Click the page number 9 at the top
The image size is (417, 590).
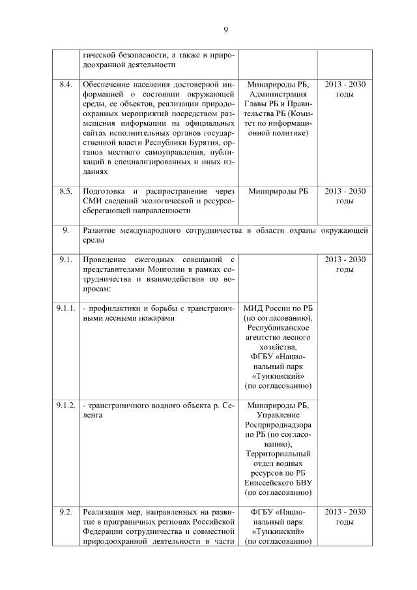(x=225, y=30)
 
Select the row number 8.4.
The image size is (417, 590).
(x=65, y=85)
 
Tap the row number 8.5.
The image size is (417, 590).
(x=65, y=191)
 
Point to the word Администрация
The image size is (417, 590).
(x=278, y=95)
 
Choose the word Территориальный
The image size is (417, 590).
(x=278, y=454)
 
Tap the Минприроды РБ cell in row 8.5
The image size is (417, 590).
(x=278, y=191)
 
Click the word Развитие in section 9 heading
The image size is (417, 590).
(x=102, y=230)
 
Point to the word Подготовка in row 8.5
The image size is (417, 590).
(x=104, y=191)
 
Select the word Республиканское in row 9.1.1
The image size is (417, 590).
(x=278, y=328)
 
